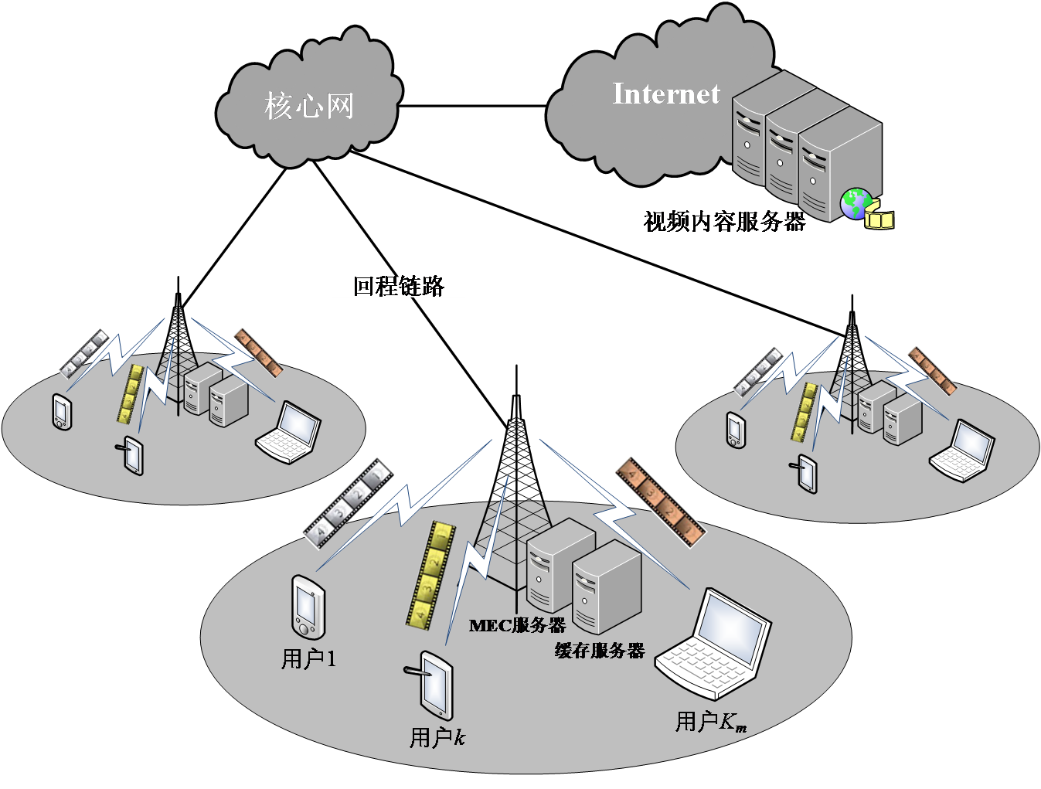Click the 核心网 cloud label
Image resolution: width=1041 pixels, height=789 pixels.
click(309, 106)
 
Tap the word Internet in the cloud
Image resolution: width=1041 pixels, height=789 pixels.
click(665, 94)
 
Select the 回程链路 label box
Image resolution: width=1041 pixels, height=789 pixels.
click(398, 287)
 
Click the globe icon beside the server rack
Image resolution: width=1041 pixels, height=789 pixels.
click(856, 204)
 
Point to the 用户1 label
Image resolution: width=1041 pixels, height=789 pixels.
click(308, 659)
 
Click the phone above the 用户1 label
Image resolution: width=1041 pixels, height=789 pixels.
click(308, 607)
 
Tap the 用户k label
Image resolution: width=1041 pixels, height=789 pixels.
click(437, 738)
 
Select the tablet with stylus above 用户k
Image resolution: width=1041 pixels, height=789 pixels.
click(435, 685)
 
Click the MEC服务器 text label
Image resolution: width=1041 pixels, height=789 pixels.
click(517, 625)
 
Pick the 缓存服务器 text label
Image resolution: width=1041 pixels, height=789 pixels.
click(600, 651)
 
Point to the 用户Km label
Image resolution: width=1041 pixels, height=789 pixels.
click(710, 723)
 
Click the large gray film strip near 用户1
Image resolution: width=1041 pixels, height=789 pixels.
click(348, 502)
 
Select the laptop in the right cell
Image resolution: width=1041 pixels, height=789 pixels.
click(963, 450)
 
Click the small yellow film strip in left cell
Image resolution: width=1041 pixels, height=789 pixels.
click(131, 393)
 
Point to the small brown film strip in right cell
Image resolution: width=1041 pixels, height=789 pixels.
click(931, 369)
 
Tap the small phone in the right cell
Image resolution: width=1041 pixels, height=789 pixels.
click(737, 430)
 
